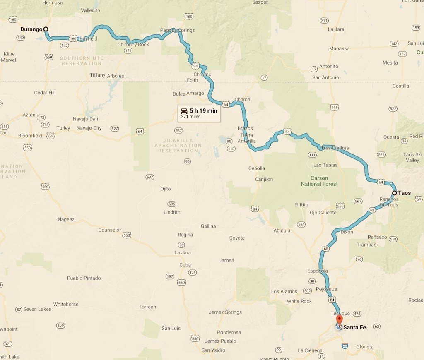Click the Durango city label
[x=31, y=29]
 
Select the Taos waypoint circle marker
[x=395, y=193]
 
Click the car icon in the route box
[x=184, y=110]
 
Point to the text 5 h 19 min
[x=203, y=110]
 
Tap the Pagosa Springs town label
[x=177, y=30]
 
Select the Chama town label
[x=242, y=100]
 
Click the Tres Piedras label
[x=335, y=148]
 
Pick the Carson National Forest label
[x=319, y=181]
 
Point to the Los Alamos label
[x=284, y=291]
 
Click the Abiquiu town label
[x=282, y=230]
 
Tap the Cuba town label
[x=185, y=265]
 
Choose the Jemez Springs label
[x=225, y=312]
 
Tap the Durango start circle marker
[x=46, y=29]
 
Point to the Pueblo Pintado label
[x=84, y=278]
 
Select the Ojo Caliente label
[x=323, y=213]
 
